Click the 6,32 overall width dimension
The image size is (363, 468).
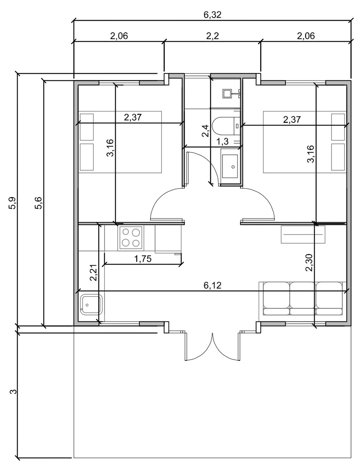click(x=212, y=15)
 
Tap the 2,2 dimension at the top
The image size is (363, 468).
click(x=213, y=36)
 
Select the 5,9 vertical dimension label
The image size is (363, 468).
click(x=12, y=203)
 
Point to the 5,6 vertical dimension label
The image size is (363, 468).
click(x=39, y=203)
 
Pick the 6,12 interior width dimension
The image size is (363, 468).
click(x=212, y=285)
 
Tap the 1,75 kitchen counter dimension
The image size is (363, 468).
click(x=143, y=259)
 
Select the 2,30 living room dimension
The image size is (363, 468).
click(x=309, y=263)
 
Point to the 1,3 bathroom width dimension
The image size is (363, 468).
click(x=222, y=142)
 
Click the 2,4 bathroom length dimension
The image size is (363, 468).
click(x=205, y=131)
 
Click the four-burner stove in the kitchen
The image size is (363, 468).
click(x=131, y=238)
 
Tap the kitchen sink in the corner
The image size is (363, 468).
click(x=91, y=304)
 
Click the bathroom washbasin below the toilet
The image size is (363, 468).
click(x=230, y=166)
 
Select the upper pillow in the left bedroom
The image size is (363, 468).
click(x=87, y=127)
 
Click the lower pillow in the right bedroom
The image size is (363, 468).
click(x=338, y=157)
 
